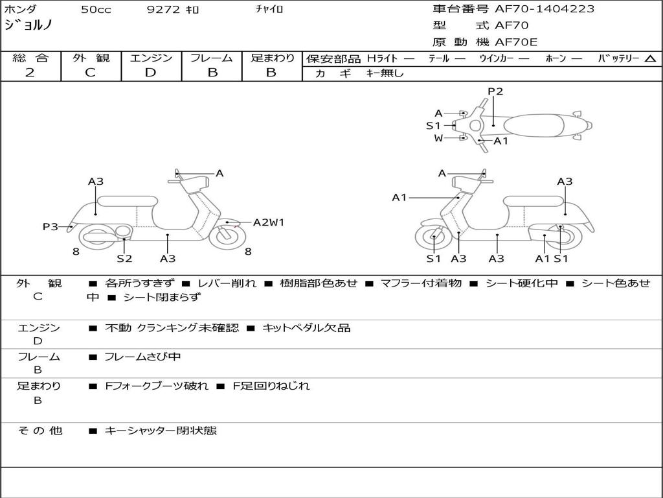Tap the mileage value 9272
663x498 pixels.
point(162,10)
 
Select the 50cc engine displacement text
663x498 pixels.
point(96,10)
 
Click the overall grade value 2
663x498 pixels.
point(30,73)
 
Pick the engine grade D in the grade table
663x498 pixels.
point(150,73)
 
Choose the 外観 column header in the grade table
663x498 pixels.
point(91,58)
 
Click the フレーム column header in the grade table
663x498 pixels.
point(212,58)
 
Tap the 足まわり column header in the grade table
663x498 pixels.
point(272,58)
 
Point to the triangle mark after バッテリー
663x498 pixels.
point(650,58)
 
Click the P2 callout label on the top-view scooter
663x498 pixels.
point(495,91)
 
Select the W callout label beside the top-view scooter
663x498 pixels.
point(438,138)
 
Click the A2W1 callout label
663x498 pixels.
point(268,222)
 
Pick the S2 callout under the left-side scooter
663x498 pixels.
point(124,258)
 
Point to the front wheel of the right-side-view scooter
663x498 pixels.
point(433,238)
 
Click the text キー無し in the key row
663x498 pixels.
point(385,73)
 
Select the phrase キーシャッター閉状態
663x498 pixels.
point(161,430)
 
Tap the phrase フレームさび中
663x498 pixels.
point(142,357)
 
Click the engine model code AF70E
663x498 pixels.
point(516,42)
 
